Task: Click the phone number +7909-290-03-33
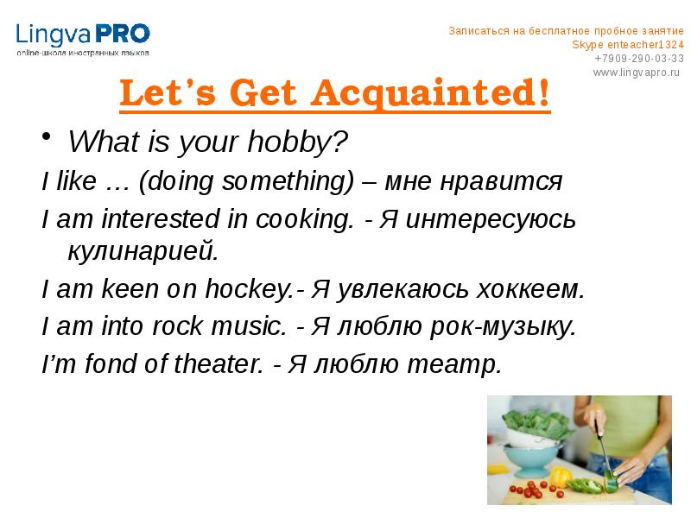(638, 58)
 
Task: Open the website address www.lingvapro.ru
(637, 72)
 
